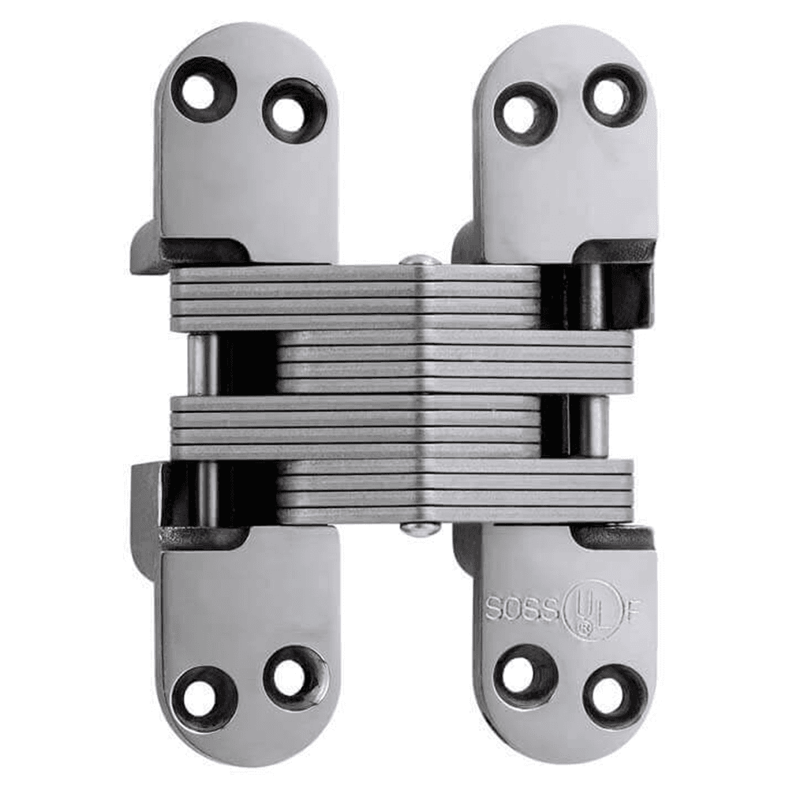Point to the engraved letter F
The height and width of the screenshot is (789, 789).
[x=634, y=609]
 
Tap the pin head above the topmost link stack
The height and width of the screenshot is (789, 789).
[x=420, y=260]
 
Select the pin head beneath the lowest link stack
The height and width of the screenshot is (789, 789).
[x=420, y=529]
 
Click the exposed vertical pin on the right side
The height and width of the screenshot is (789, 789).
[x=597, y=426]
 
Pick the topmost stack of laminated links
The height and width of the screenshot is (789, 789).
[x=355, y=298]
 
